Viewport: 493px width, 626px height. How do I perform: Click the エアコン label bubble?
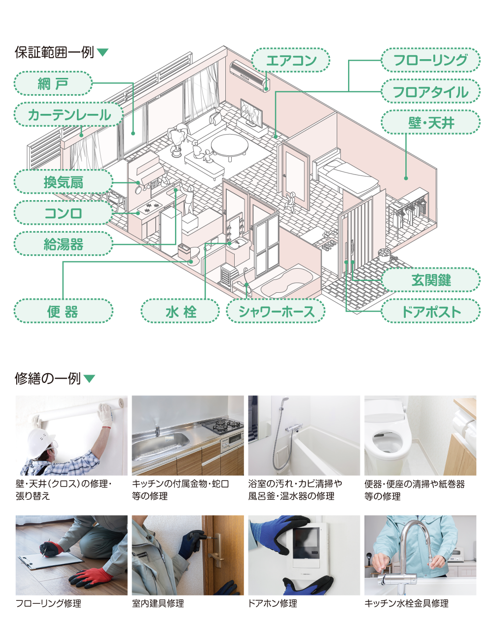point(290,60)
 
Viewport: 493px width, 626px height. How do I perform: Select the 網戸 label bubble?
point(53,83)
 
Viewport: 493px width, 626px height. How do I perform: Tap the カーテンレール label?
point(69,115)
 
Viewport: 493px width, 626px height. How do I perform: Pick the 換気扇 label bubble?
point(63,182)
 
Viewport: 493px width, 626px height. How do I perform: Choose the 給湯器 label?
point(63,243)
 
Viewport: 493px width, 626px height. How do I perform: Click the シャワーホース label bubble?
point(276,312)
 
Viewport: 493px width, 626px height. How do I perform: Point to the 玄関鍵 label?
point(430,280)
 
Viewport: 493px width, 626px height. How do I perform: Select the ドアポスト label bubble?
point(430,312)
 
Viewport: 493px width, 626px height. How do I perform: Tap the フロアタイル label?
point(430,92)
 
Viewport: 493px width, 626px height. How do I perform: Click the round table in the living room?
point(230,146)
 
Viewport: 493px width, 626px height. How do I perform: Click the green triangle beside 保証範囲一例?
point(103,52)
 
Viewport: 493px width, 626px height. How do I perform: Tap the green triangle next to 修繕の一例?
point(89,379)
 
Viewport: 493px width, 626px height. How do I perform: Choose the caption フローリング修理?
point(48,603)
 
